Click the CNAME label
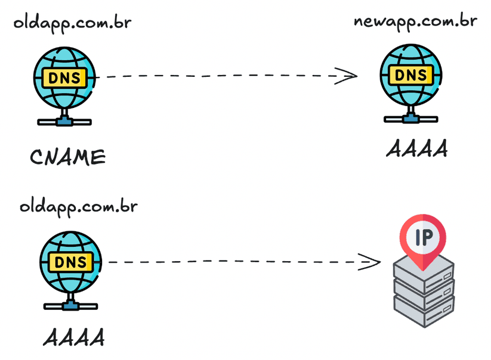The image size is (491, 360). pos(67,157)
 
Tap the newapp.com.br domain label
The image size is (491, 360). pos(415,21)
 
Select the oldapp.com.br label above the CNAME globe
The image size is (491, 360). pos(72,23)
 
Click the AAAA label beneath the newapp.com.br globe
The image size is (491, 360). pos(416,150)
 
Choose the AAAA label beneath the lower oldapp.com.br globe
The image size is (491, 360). pos(74,337)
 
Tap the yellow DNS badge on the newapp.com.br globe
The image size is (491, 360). pos(411,75)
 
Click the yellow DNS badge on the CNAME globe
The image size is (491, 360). pos(65,77)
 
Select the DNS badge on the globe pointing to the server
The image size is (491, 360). pos(70,262)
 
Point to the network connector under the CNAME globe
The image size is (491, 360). pos(64,121)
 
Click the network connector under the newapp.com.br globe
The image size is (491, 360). pos(410,119)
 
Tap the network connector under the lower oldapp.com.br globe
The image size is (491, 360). pos(70,306)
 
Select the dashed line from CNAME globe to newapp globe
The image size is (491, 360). pos(221,76)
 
